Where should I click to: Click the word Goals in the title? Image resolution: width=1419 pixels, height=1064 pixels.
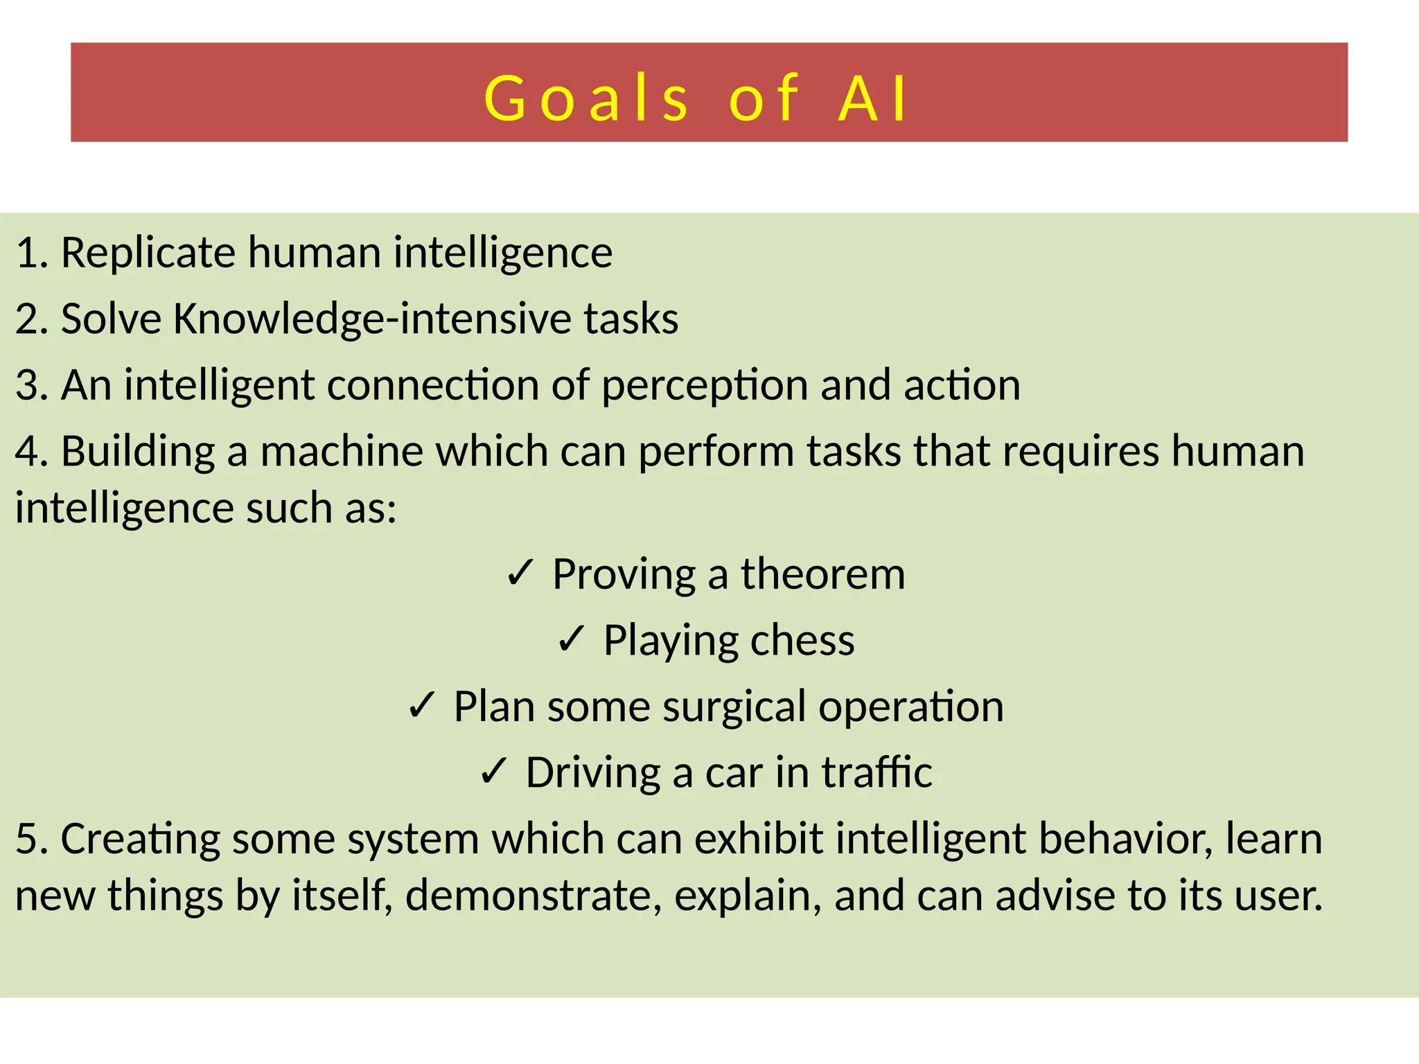tap(586, 99)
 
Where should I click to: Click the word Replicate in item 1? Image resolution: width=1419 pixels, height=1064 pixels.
tap(148, 252)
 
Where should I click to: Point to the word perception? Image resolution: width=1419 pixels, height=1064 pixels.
tap(705, 386)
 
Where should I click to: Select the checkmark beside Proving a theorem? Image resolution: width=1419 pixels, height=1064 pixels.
tap(520, 574)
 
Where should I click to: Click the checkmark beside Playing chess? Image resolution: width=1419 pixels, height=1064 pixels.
tap(572, 640)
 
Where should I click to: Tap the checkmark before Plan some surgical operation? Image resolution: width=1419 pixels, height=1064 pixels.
tap(421, 707)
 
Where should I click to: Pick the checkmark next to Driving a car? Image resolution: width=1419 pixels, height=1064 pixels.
tap(494, 772)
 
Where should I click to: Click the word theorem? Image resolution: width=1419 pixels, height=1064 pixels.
tap(822, 574)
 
